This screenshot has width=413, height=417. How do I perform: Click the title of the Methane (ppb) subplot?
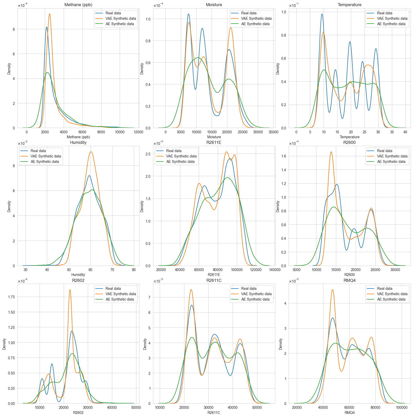(x=78, y=5)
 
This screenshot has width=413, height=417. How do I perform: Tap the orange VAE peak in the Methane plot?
(x=50, y=14)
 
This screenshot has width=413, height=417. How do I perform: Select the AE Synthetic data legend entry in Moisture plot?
(x=255, y=24)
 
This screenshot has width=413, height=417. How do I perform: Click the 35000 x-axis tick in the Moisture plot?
(x=273, y=132)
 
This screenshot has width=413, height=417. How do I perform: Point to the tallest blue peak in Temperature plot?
(x=322, y=14)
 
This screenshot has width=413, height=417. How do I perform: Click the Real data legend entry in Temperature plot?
(x=384, y=13)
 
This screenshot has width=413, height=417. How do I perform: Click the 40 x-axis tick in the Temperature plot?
(x=405, y=132)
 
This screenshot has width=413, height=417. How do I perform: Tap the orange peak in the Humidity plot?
(x=91, y=152)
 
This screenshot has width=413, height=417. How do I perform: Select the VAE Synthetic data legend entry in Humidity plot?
(x=46, y=156)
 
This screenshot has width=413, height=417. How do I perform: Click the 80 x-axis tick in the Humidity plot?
(x=134, y=270)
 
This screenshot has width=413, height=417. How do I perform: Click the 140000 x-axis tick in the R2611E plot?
(x=275, y=270)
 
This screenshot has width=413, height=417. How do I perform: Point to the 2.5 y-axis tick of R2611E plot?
(x=148, y=154)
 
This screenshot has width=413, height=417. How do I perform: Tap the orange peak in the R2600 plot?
(x=331, y=152)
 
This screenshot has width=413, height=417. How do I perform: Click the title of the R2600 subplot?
(x=350, y=143)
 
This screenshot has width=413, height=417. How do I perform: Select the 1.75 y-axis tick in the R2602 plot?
(x=11, y=297)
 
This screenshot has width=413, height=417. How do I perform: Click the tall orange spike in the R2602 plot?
(x=70, y=290)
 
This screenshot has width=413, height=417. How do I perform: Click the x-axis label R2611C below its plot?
(x=214, y=413)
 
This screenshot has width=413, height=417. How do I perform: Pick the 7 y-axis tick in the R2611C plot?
(x=149, y=297)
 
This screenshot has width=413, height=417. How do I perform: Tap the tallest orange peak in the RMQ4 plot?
(x=333, y=290)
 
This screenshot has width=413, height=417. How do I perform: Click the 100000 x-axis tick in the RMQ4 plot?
(x=401, y=408)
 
